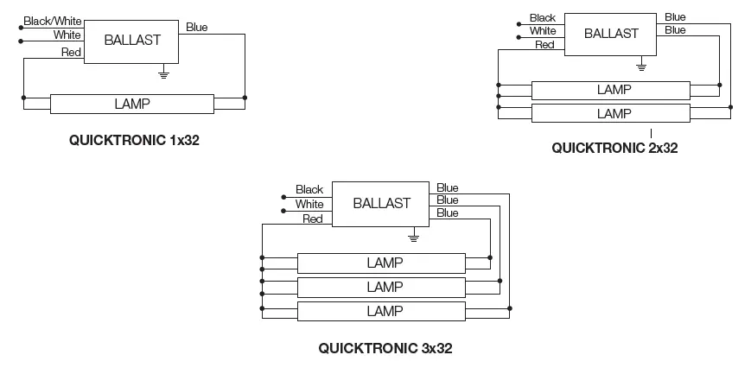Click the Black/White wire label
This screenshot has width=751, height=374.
click(53, 21)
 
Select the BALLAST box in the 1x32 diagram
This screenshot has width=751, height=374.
click(132, 40)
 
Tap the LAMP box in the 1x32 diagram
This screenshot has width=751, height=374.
click(132, 104)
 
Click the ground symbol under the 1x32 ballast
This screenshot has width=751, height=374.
click(163, 74)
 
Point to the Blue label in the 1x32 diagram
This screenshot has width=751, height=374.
click(197, 28)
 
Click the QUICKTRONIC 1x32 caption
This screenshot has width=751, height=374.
click(134, 140)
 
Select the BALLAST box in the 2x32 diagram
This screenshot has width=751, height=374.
click(611, 34)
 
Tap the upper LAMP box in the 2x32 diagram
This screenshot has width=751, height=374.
click(614, 90)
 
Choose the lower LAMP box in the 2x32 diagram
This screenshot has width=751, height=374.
click(614, 113)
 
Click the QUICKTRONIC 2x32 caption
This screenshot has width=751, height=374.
click(614, 148)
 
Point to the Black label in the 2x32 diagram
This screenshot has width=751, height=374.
click(543, 18)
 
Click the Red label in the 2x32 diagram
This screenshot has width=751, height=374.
click(544, 45)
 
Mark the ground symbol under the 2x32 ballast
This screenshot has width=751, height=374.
click(640, 66)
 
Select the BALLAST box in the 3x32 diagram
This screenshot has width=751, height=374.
click(381, 204)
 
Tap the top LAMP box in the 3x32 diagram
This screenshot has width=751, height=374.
click(384, 263)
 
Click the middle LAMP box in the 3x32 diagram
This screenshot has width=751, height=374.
click(384, 287)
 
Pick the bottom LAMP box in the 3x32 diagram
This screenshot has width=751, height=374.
click(384, 310)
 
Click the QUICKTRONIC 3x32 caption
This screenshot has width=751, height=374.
click(385, 349)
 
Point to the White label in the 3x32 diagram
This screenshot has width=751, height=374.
click(309, 205)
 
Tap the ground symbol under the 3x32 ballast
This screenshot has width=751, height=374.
click(414, 236)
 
